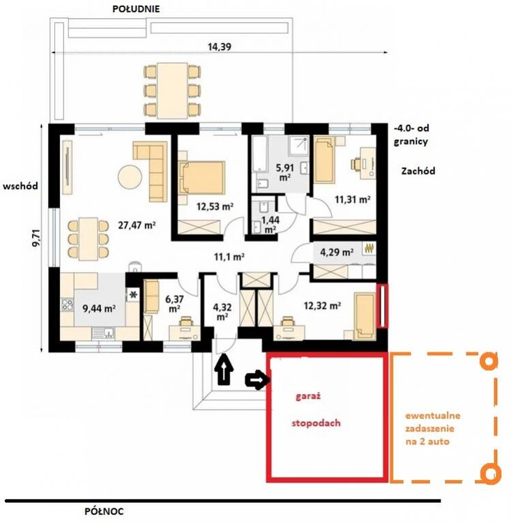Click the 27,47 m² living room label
click(x=137, y=225)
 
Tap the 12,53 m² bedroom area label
click(x=215, y=207)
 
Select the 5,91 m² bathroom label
click(x=284, y=172)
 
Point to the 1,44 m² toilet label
click(x=270, y=225)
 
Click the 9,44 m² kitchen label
click(x=99, y=308)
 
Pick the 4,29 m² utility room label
click(x=337, y=252)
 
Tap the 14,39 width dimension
click(x=219, y=47)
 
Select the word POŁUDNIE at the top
click(x=136, y=9)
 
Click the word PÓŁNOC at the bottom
click(x=104, y=511)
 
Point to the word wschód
click(x=20, y=185)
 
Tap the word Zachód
click(x=418, y=171)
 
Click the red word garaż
click(x=308, y=397)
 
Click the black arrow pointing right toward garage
click(x=257, y=379)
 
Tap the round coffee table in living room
click(x=130, y=177)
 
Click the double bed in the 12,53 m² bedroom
click(x=201, y=177)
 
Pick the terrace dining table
click(x=172, y=91)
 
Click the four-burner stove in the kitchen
click(x=67, y=304)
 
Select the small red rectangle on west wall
click(x=382, y=305)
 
